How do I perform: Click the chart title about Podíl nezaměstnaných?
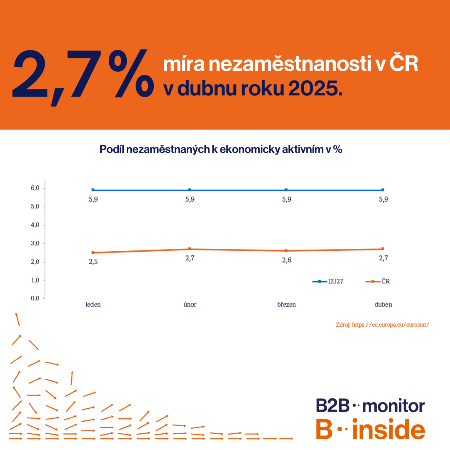tap(221, 150)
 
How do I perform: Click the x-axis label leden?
tap(93, 305)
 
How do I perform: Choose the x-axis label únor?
tap(190, 305)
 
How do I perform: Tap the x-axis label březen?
tap(286, 305)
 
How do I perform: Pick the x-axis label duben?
tap(383, 305)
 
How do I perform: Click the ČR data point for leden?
tap(93, 252)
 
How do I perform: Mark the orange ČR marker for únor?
tap(190, 249)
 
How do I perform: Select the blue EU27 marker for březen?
tap(286, 190)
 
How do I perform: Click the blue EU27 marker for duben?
tap(383, 190)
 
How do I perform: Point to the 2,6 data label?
tap(286, 260)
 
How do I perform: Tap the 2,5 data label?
tap(93, 262)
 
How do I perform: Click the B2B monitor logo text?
tap(370, 405)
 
